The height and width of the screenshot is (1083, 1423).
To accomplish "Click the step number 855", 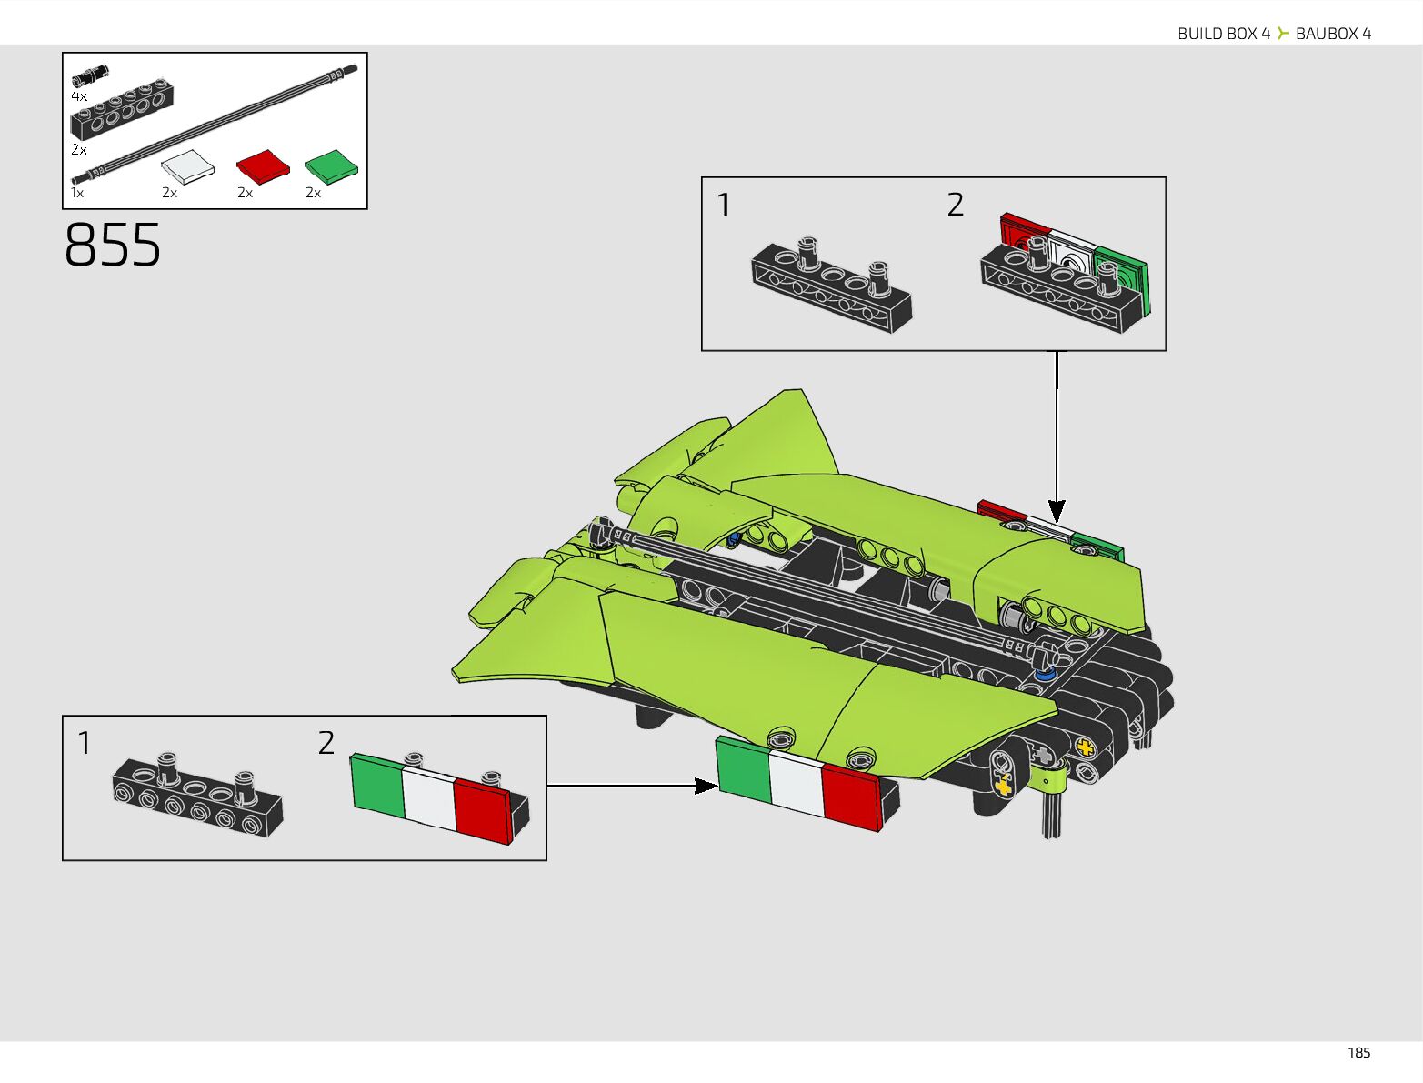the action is pos(113,245).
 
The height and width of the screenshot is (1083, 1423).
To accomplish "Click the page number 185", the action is pos(1358,1052).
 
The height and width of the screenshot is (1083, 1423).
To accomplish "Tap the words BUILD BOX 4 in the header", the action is pos(1223,34).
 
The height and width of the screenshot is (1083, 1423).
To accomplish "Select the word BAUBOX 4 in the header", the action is pos(1333,34).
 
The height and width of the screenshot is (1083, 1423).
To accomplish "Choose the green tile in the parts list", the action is pos(331,166).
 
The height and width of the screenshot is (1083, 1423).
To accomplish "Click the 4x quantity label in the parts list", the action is pos(79,96).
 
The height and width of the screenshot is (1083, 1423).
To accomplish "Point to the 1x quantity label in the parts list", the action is pos(77,193).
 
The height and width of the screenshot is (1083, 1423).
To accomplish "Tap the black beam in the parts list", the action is pos(122,111).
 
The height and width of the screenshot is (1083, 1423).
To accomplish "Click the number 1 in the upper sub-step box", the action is pos(724,205).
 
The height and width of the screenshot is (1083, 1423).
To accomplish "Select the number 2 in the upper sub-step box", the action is pos(955,205).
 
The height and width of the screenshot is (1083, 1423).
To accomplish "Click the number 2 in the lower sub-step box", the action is pos(326,743).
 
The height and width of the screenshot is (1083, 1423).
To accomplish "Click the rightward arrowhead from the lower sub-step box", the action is pos(706,786).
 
